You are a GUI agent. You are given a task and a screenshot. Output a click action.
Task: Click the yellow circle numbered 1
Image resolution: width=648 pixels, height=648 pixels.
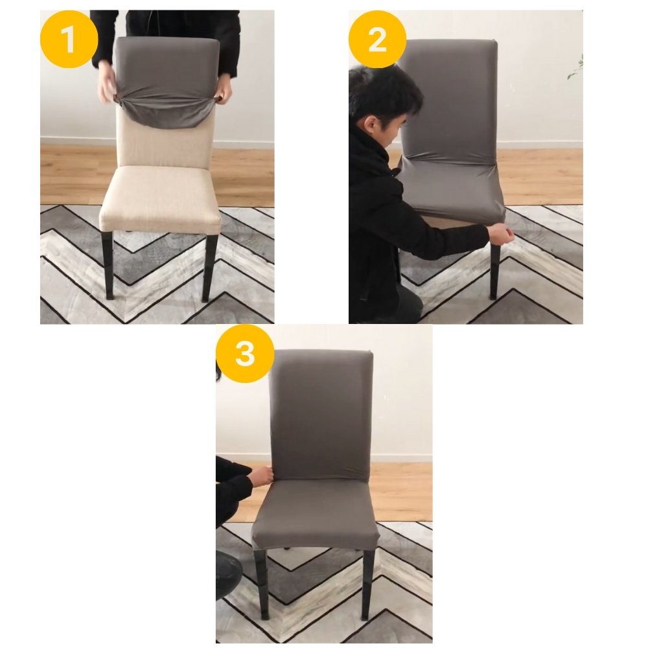(x=69, y=40)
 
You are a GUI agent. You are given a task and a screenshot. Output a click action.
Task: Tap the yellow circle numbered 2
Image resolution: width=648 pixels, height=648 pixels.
(x=377, y=40)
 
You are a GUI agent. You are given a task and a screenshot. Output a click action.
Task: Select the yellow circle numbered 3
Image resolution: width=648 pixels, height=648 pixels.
(x=245, y=354)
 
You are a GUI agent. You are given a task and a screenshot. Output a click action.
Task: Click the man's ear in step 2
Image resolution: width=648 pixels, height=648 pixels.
(x=371, y=124)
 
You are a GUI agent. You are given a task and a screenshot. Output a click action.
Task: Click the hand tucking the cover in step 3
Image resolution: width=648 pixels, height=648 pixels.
(x=263, y=475)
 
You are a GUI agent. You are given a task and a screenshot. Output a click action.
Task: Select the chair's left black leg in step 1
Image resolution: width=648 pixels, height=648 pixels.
(x=107, y=264)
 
